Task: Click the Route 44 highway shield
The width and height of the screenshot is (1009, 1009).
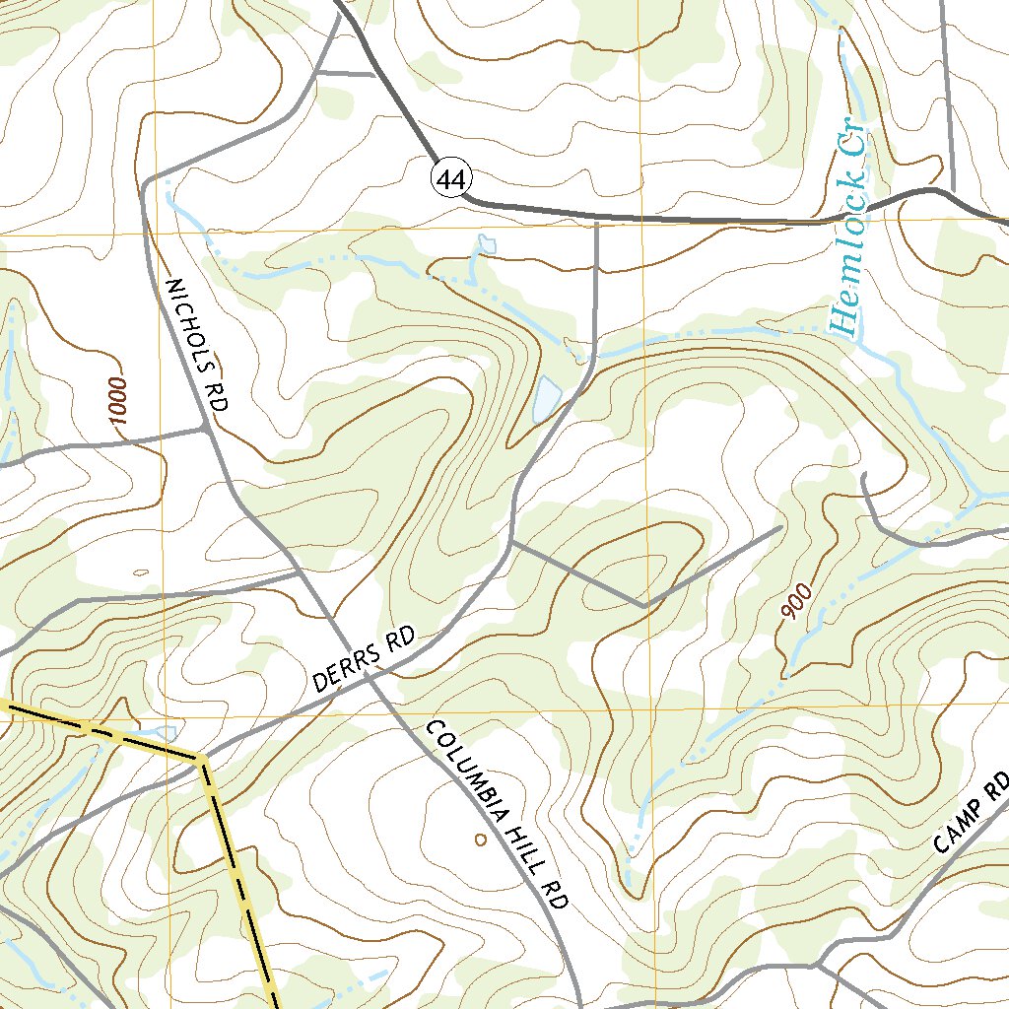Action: point(451,179)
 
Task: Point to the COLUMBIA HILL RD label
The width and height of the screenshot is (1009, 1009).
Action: point(498,814)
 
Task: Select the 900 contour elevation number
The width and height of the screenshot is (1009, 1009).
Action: point(797,602)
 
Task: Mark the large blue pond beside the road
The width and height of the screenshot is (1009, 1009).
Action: point(545,399)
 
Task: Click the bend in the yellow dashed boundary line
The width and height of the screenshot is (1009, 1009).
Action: point(202,759)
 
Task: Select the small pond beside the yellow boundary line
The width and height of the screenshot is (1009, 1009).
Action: point(164,733)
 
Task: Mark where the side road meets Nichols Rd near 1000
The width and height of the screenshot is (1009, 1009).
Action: point(206,429)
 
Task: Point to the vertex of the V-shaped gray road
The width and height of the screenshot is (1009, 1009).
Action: point(642,604)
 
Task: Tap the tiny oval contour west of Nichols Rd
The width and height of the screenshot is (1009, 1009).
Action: point(140,572)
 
